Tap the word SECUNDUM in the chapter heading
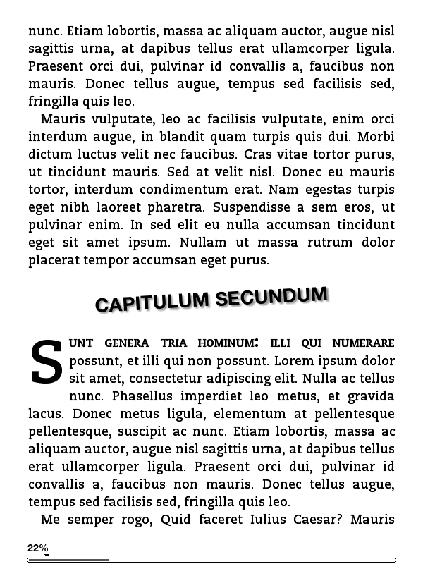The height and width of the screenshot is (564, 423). click(271, 295)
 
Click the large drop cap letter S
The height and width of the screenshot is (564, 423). click(47, 363)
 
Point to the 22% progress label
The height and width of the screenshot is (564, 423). click(38, 548)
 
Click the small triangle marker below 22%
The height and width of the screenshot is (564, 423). click(47, 556)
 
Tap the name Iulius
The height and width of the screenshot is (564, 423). click(246, 520)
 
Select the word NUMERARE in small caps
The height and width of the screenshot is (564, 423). click(363, 343)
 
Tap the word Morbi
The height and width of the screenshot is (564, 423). click(376, 136)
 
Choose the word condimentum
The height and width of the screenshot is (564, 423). click(186, 189)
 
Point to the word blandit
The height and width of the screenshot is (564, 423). click(215, 136)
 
